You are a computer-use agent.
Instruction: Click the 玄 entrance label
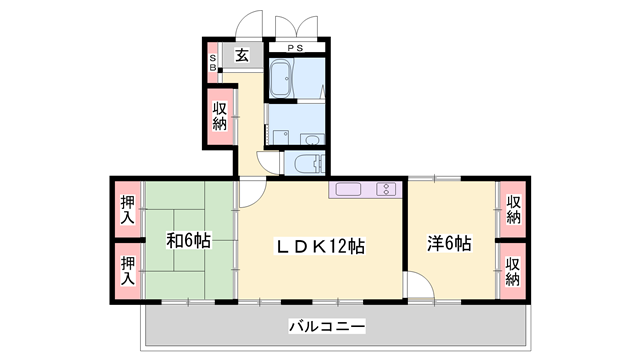(x=242, y=56)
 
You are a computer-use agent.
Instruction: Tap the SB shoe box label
(x=213, y=63)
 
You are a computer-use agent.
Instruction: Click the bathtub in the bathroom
(x=282, y=78)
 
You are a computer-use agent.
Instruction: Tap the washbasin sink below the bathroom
(x=313, y=140)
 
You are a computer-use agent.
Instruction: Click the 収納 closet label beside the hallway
(x=220, y=115)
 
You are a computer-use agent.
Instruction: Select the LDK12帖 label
(x=320, y=244)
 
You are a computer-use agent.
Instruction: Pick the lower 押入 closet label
(x=127, y=270)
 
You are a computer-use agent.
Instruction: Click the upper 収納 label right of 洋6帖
(x=513, y=209)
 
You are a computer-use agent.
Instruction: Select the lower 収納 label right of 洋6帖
(x=513, y=270)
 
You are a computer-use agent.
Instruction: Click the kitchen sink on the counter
(x=386, y=189)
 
